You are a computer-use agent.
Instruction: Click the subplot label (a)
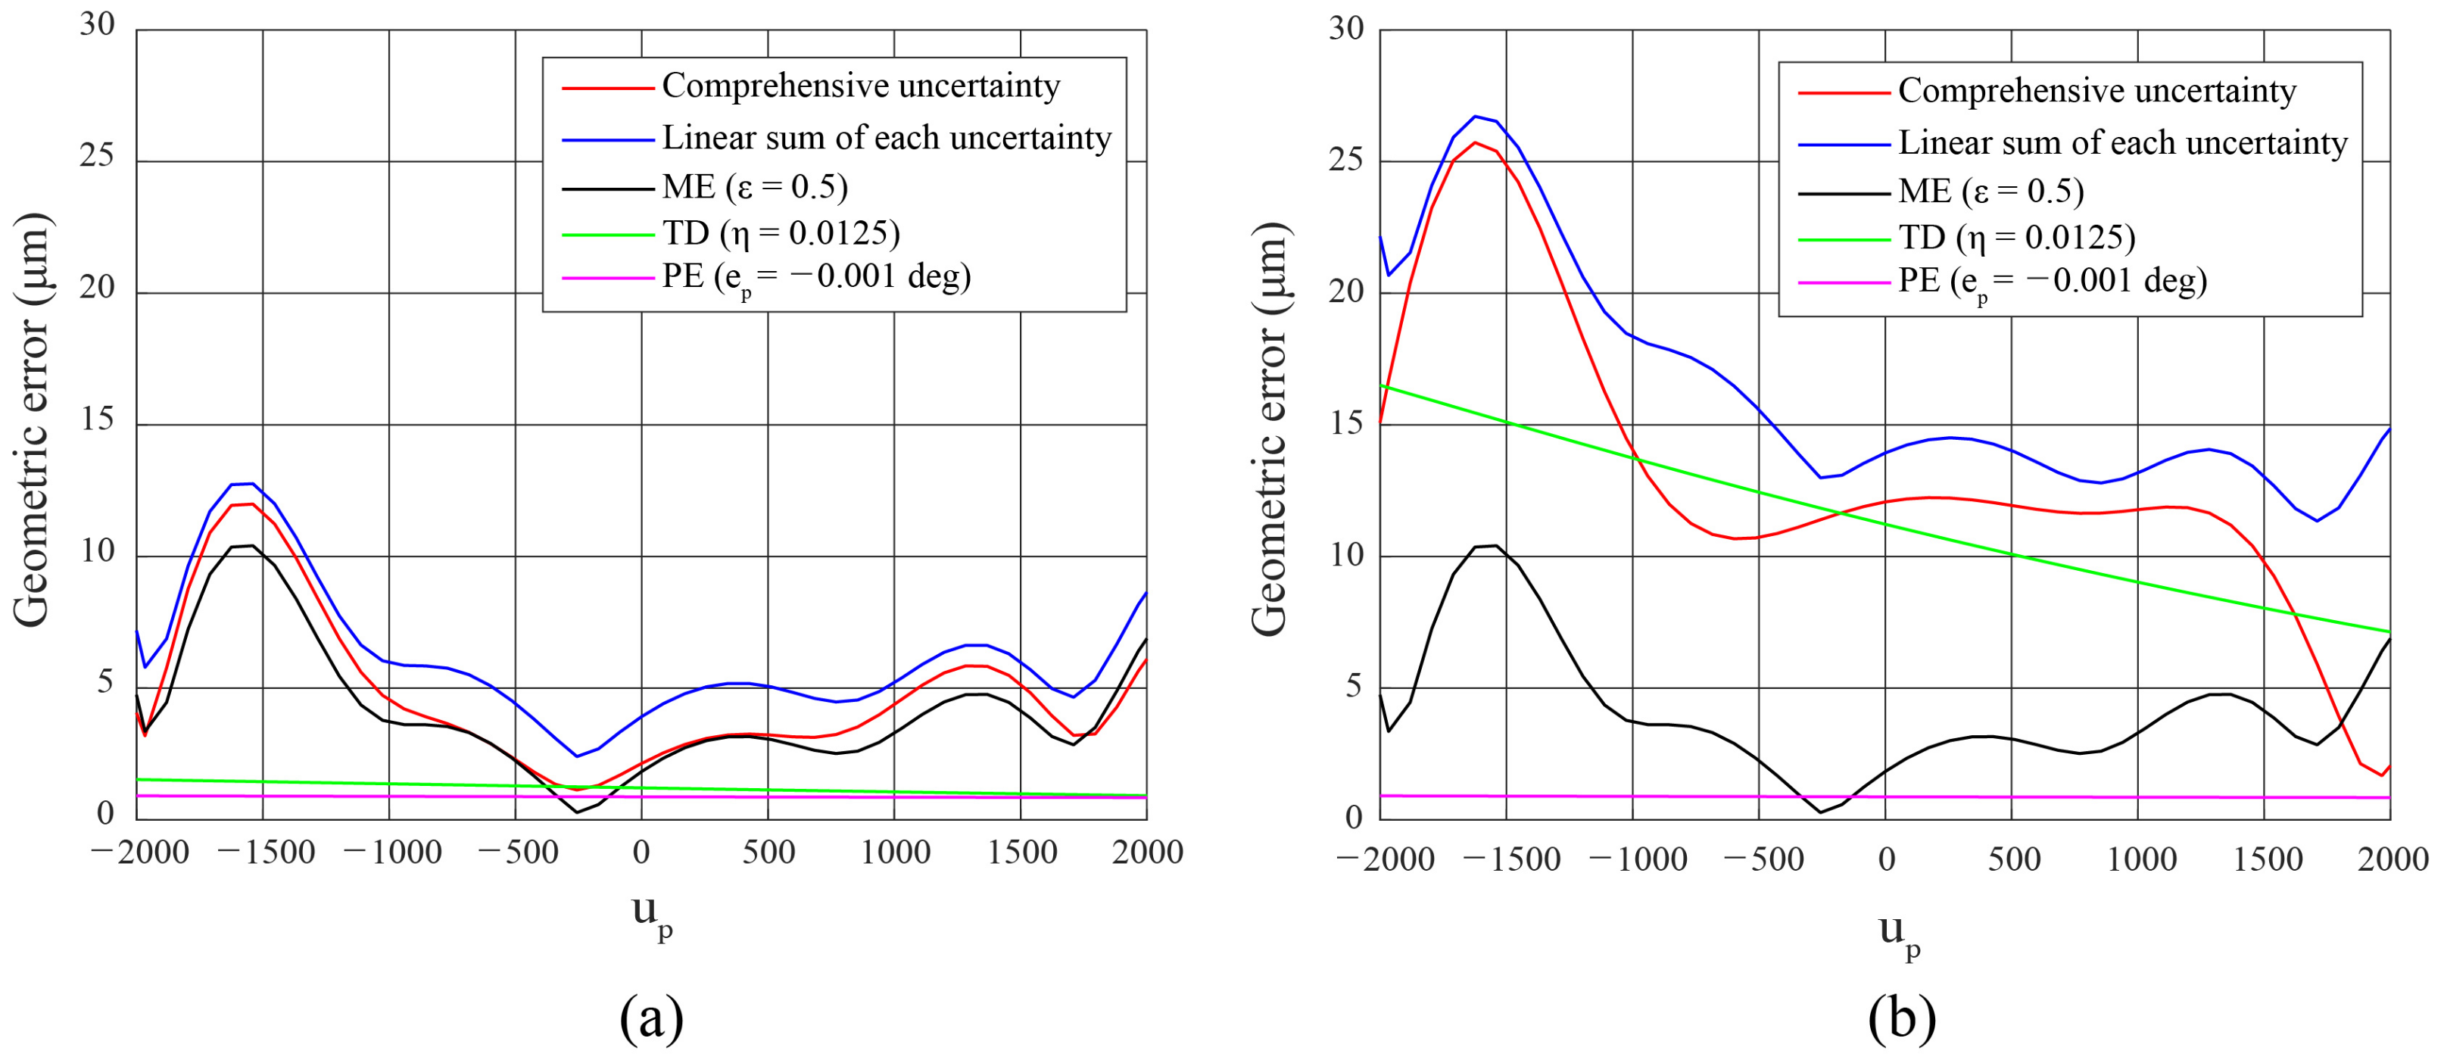[651, 1019]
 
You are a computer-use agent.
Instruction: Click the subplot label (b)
[1901, 1019]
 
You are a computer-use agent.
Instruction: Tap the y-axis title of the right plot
[1270, 429]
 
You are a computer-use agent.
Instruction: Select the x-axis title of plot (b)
[1900, 934]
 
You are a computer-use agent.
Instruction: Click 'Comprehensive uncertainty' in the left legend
[861, 86]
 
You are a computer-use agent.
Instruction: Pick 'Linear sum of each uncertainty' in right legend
[2122, 143]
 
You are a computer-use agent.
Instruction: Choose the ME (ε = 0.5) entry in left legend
[754, 187]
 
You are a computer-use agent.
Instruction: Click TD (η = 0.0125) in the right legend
[2016, 237]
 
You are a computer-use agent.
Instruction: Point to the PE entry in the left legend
[816, 277]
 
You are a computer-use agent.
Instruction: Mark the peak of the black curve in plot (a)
[251, 546]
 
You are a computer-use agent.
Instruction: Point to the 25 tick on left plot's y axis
[97, 156]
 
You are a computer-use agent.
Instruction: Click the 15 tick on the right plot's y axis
[1346, 423]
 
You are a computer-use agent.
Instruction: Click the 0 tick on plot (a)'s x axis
[641, 853]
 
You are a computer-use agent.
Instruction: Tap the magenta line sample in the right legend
[1844, 282]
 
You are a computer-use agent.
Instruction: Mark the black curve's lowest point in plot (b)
[1819, 812]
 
